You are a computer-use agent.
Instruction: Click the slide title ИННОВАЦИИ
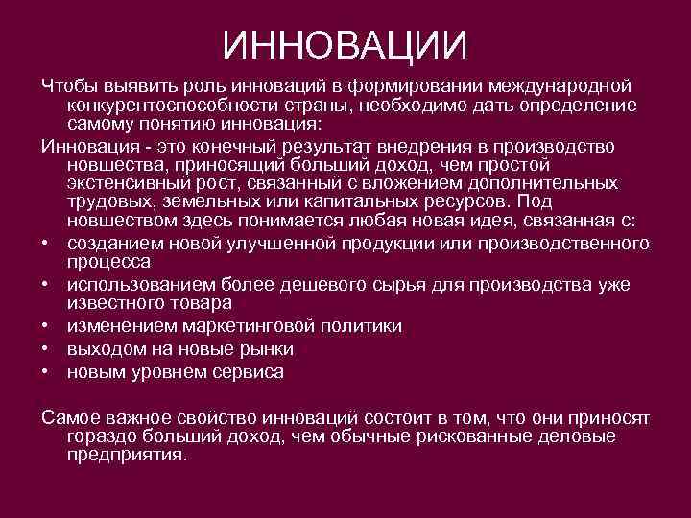tap(345, 43)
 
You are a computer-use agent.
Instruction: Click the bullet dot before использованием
tap(46, 284)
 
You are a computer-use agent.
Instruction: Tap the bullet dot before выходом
tap(46, 349)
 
